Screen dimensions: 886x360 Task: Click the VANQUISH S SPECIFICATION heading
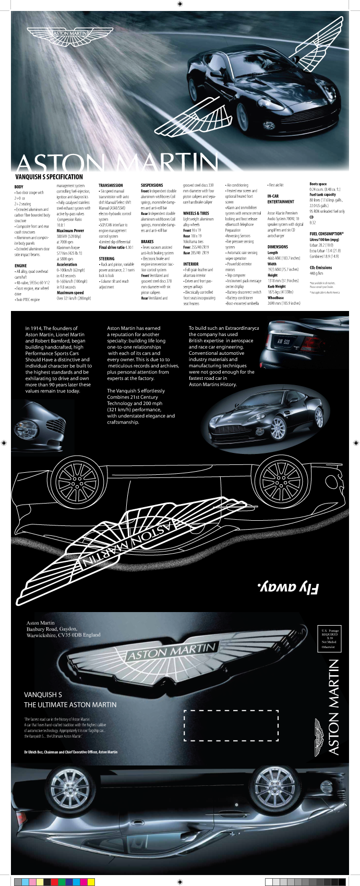(x=49, y=177)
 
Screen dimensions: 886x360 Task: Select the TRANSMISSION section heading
(x=111, y=185)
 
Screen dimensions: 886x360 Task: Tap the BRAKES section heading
(x=147, y=242)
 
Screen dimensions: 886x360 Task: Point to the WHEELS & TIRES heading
(x=196, y=213)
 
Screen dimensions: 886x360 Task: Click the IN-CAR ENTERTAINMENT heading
(x=280, y=199)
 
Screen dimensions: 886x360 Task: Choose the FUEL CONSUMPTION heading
(x=326, y=234)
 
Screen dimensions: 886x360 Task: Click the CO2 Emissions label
(x=320, y=268)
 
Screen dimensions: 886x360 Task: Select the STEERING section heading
(x=106, y=259)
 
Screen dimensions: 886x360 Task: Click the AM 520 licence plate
(x=284, y=341)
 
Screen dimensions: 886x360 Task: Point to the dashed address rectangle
(x=231, y=725)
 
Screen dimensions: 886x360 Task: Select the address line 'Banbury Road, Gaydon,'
(x=52, y=629)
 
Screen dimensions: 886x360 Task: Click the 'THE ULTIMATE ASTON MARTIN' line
(x=70, y=704)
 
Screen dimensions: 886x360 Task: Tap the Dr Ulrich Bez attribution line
(x=70, y=752)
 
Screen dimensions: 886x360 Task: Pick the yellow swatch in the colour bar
(x=91, y=882)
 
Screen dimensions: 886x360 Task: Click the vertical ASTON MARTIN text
(x=334, y=707)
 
